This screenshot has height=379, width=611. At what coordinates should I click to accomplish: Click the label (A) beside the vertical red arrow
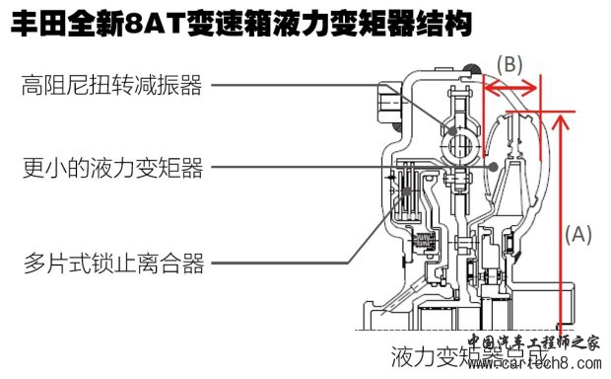point(578,234)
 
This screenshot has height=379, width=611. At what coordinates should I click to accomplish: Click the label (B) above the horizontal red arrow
point(509,64)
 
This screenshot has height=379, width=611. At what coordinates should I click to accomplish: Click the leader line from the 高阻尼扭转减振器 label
point(315,86)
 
